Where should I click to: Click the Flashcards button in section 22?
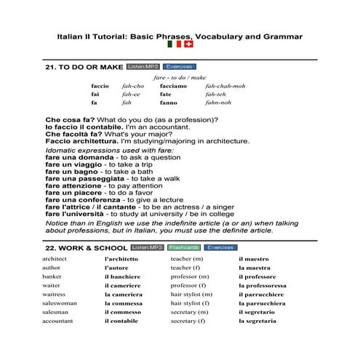point(182,247)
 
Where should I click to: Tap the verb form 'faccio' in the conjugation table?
point(100,86)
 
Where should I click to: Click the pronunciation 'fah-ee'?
point(131,95)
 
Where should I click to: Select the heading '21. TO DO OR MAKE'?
point(84,68)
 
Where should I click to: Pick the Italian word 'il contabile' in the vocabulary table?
point(121,321)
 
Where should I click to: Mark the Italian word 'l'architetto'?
point(121,259)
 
